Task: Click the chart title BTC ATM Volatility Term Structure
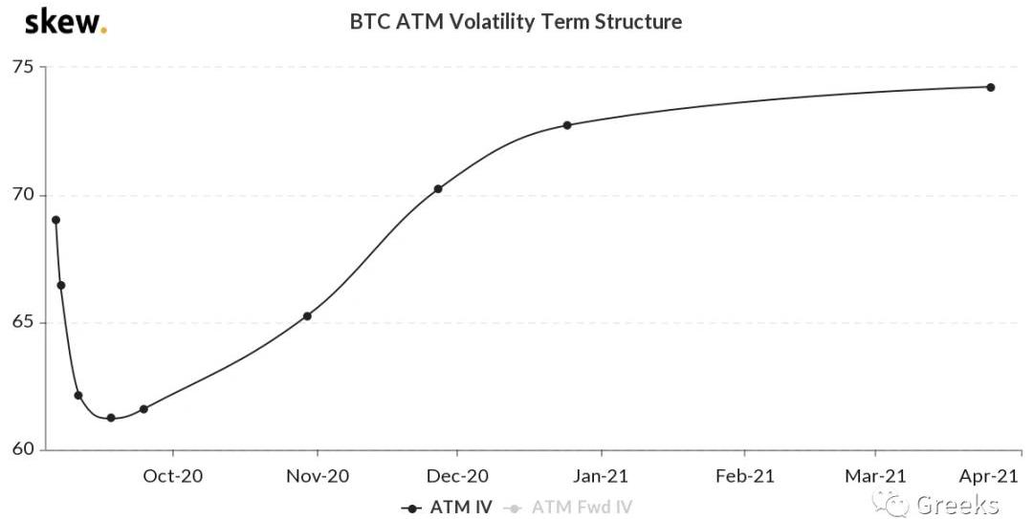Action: pos(516,21)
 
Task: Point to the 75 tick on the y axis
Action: pos(22,67)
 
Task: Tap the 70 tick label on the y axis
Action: pos(22,195)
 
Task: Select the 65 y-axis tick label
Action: pos(22,322)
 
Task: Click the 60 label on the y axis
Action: pos(22,449)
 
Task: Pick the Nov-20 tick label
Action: pos(318,475)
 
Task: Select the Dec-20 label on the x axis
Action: pos(457,475)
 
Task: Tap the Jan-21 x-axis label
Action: pos(602,475)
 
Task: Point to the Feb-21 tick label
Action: pos(744,475)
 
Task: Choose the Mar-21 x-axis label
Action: pos(875,475)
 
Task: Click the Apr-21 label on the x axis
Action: pos(987,475)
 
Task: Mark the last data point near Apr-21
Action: pos(990,87)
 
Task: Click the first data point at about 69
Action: pos(55,220)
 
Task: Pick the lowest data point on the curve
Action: pos(111,418)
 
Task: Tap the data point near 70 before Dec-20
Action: pos(438,189)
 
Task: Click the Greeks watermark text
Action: pos(956,504)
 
